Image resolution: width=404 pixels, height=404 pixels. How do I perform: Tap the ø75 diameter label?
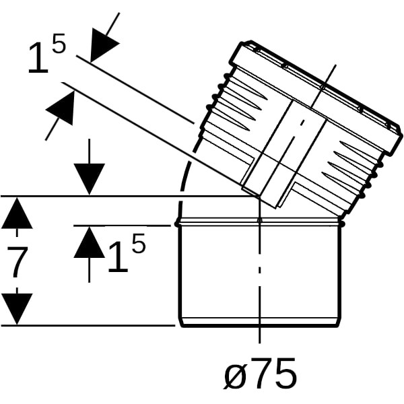click(x=260, y=374)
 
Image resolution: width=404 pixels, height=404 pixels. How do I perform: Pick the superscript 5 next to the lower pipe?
click(x=138, y=242)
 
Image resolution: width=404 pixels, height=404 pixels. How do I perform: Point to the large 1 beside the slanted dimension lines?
click(x=38, y=58)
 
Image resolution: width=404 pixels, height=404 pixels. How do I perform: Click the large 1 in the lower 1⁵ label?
click(x=118, y=257)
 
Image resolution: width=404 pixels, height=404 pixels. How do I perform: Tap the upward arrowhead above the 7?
click(x=17, y=213)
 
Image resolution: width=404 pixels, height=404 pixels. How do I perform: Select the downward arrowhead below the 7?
click(x=17, y=309)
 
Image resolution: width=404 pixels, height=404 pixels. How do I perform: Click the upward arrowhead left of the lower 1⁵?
click(x=89, y=242)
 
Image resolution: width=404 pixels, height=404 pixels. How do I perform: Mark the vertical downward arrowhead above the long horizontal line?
click(x=89, y=179)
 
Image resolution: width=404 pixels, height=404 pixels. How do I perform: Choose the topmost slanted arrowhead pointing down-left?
click(x=102, y=44)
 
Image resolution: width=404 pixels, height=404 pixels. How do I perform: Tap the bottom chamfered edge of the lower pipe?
click(x=260, y=323)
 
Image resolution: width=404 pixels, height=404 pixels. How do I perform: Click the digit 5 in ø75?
click(x=285, y=374)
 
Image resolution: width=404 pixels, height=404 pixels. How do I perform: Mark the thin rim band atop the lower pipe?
click(x=260, y=222)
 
